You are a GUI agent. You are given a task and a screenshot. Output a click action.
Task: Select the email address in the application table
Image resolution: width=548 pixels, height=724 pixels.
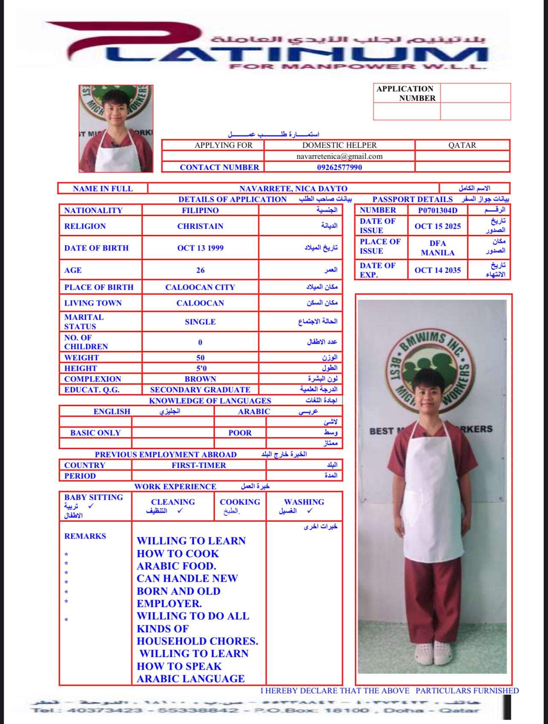339,156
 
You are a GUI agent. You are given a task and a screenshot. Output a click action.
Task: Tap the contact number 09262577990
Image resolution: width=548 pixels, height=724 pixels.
339,167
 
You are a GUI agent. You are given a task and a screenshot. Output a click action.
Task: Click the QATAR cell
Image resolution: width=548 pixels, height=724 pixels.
462,145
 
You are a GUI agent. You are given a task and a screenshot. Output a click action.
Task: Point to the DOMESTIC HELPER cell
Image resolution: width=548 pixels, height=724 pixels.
339,145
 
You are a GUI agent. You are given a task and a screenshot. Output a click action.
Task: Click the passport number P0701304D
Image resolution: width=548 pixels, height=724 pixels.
437,210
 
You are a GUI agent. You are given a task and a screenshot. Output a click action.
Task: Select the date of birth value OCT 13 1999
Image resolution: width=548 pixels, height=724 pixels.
200,248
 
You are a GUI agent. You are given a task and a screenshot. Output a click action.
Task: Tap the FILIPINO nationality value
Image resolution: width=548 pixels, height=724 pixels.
200,210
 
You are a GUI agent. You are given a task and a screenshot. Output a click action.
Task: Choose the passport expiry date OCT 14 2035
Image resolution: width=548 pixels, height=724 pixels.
437,270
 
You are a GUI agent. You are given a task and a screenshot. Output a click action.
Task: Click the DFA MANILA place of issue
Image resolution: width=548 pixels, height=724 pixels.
437,248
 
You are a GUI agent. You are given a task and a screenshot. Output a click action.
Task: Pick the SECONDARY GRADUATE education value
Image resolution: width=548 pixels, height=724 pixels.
200,390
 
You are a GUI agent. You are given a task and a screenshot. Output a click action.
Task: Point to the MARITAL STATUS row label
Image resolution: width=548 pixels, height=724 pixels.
84,322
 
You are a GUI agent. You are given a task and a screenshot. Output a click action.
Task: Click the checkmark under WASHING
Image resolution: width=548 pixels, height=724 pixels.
309,511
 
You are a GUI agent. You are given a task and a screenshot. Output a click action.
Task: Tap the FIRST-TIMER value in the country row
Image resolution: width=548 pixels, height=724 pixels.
199,465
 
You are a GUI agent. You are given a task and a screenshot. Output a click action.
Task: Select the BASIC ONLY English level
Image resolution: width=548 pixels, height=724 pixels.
96,433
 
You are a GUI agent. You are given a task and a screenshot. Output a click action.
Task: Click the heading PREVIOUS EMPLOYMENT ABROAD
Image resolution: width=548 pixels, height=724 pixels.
166,455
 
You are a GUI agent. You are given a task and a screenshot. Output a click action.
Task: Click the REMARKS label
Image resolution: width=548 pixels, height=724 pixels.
85,536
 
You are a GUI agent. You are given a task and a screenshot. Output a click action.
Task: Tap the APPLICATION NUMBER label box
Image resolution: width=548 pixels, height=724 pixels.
406,93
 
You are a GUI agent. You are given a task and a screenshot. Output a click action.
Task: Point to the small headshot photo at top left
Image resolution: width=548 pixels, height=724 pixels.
116,128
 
